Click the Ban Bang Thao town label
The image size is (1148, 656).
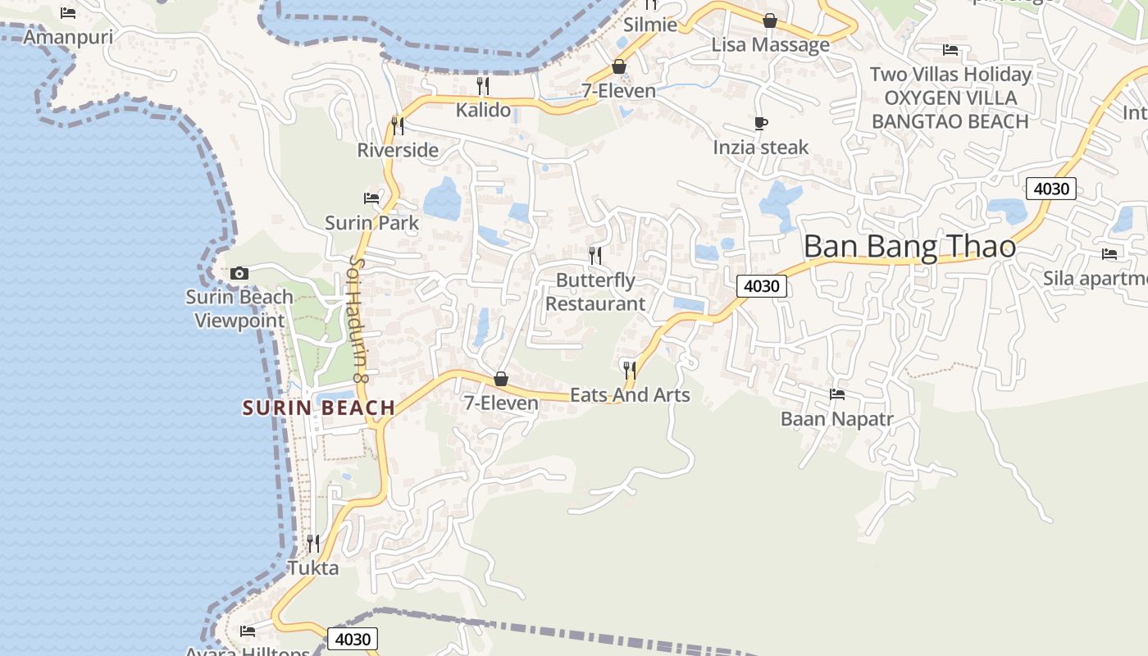pyautogui.click(x=909, y=247)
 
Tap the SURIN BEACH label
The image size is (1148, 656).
pyautogui.click(x=319, y=408)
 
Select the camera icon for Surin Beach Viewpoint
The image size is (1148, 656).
pyautogui.click(x=239, y=274)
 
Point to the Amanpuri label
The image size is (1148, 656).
pyautogui.click(x=68, y=37)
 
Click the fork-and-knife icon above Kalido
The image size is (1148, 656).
pyautogui.click(x=483, y=86)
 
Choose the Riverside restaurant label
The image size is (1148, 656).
pyautogui.click(x=398, y=150)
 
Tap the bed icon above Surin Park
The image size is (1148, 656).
pyautogui.click(x=371, y=198)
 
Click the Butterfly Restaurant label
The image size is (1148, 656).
pyautogui.click(x=595, y=292)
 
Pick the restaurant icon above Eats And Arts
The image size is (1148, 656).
pyautogui.click(x=629, y=370)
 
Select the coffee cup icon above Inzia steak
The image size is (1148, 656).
pyautogui.click(x=761, y=124)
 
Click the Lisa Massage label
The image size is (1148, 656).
pyautogui.click(x=770, y=44)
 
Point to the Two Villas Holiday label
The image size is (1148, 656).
pyautogui.click(x=950, y=75)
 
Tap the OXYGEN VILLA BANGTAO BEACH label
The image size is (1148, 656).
pyautogui.click(x=950, y=110)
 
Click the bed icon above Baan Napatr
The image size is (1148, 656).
pyautogui.click(x=837, y=394)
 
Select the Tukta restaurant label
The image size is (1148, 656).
pyautogui.click(x=313, y=567)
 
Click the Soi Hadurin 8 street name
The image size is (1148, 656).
pyautogui.click(x=358, y=318)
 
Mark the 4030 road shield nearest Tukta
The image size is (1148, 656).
pyautogui.click(x=353, y=639)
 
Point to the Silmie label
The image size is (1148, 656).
pyautogui.click(x=650, y=25)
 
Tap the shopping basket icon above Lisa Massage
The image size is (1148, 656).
pyautogui.click(x=770, y=20)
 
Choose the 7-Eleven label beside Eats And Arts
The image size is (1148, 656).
pyautogui.click(x=501, y=403)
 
